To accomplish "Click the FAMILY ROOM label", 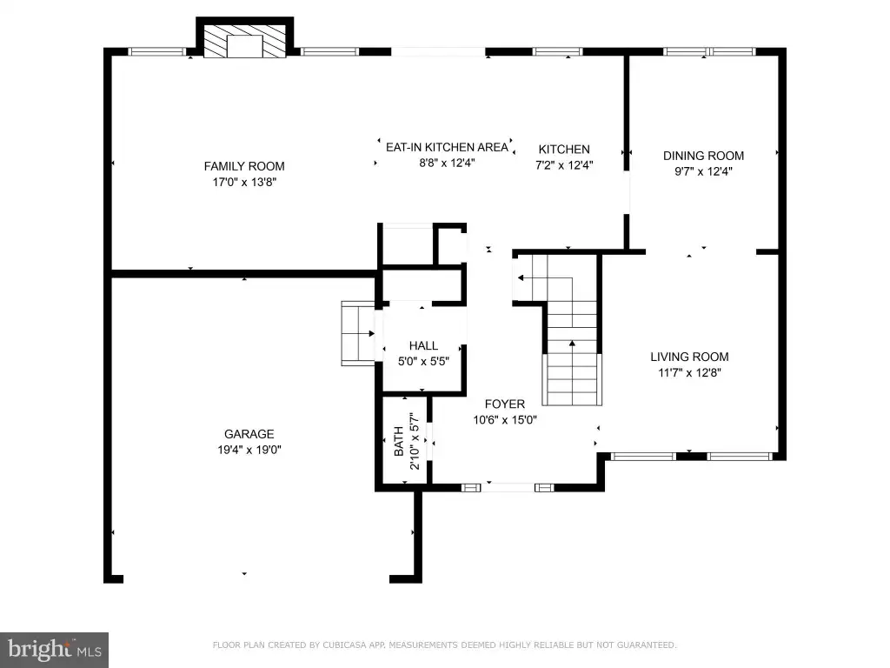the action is pyautogui.click(x=244, y=166).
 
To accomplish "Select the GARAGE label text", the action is pyautogui.click(x=249, y=434).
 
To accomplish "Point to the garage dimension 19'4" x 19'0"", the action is pyautogui.click(x=249, y=450).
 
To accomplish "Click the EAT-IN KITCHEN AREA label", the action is pyautogui.click(x=447, y=147).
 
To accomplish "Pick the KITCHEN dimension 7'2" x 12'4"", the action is pyautogui.click(x=564, y=165).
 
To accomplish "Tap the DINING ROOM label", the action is pyautogui.click(x=703, y=156).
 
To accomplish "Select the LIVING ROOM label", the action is pyautogui.click(x=689, y=357).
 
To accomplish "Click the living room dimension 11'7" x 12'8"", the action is pyautogui.click(x=689, y=372).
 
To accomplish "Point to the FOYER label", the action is pyautogui.click(x=505, y=404).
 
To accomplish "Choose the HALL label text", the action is pyautogui.click(x=423, y=345).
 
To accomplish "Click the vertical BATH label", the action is pyautogui.click(x=399, y=441).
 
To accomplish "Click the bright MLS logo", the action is pyautogui.click(x=55, y=650).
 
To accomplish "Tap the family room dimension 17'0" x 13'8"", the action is pyautogui.click(x=244, y=183).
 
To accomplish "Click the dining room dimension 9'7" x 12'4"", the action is pyautogui.click(x=703, y=171).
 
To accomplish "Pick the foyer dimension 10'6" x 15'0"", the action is pyautogui.click(x=505, y=420).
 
